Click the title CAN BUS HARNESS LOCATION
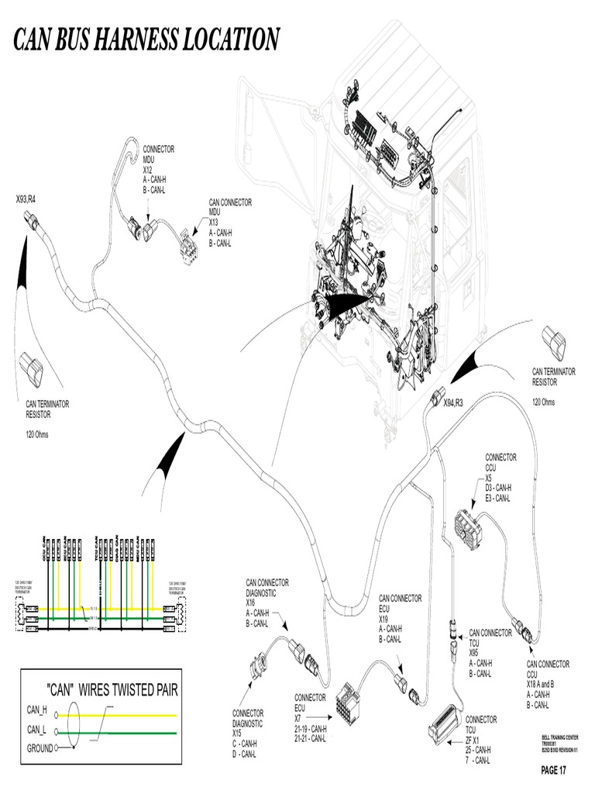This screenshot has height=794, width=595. (147, 39)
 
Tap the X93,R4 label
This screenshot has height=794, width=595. (26, 199)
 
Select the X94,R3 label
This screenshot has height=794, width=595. (453, 403)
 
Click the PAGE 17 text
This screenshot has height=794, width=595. (554, 770)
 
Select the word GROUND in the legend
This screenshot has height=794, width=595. (40, 748)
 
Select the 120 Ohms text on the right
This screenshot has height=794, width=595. (544, 402)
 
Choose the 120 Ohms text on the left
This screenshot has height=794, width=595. (37, 434)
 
